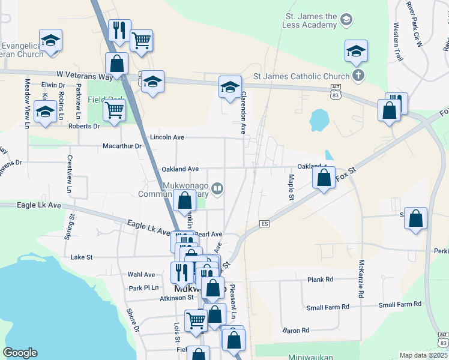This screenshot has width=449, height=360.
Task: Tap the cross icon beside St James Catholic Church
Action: [358, 76]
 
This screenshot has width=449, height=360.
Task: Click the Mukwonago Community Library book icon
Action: [218, 189]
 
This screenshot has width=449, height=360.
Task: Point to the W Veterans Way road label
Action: [85, 76]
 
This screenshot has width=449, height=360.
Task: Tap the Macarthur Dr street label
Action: [122, 146]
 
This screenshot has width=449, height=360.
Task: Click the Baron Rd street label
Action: [296, 330]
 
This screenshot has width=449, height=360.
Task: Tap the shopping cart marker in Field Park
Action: [114, 110]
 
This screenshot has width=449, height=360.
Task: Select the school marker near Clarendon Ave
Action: [229, 88]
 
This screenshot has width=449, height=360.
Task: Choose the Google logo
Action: [20, 353]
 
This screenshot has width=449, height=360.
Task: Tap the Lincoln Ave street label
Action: [167, 137]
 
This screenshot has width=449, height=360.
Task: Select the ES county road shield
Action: [264, 224]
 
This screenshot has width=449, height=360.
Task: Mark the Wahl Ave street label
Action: [141, 274]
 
